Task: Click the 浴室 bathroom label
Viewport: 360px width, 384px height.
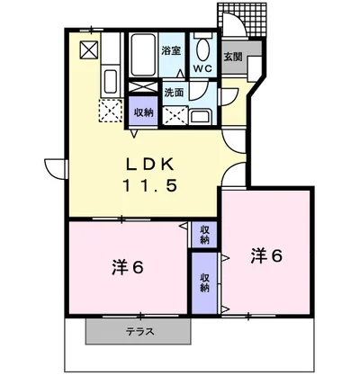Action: pyautogui.click(x=171, y=50)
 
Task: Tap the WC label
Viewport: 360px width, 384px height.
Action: pyautogui.click(x=202, y=68)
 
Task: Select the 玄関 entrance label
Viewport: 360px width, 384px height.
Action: pyautogui.click(x=233, y=57)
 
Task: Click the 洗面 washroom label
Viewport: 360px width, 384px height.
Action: pyautogui.click(x=174, y=93)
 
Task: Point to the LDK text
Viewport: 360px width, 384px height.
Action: pyautogui.click(x=149, y=165)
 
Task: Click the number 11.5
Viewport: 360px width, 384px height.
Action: pyautogui.click(x=149, y=185)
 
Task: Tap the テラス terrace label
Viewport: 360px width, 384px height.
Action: pyautogui.click(x=140, y=332)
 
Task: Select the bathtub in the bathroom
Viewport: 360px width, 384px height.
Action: pyautogui.click(x=143, y=55)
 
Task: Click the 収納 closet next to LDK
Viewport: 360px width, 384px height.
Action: pyautogui.click(x=143, y=111)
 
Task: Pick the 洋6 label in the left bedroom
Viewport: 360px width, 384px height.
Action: pyautogui.click(x=128, y=267)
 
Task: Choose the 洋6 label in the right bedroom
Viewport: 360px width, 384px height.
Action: pyautogui.click(x=266, y=255)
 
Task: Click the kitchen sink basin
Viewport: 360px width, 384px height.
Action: pyautogui.click(x=110, y=82)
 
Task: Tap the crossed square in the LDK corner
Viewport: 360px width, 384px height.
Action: pyautogui.click(x=89, y=50)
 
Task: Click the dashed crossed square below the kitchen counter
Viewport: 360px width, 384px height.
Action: pyautogui.click(x=111, y=111)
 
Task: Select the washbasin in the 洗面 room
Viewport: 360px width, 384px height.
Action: pyautogui.click(x=202, y=117)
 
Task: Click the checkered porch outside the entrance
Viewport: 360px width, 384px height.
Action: pyautogui.click(x=242, y=20)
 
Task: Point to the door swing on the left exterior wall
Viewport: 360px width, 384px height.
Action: pyautogui.click(x=56, y=169)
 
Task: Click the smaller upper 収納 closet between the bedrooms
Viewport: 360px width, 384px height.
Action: pyautogui.click(x=204, y=235)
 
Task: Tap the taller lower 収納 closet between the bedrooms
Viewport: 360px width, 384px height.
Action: pyautogui.click(x=204, y=283)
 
